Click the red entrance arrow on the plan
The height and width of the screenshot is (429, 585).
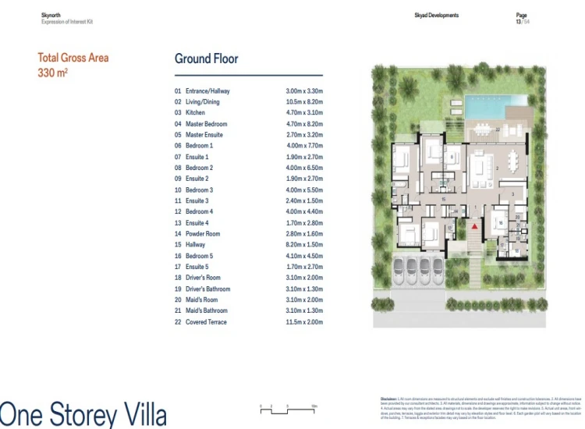click(473, 225)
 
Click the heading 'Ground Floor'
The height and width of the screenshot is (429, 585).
click(206, 59)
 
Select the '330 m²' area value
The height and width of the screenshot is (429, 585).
click(53, 73)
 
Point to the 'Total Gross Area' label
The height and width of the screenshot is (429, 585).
click(73, 58)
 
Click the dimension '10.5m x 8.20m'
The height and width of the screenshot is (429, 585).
click(304, 102)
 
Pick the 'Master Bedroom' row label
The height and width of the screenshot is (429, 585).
click(206, 124)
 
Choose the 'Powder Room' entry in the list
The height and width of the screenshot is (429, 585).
click(203, 234)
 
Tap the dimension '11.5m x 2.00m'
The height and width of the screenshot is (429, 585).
click(304, 322)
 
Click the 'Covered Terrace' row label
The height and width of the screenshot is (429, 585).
click(206, 322)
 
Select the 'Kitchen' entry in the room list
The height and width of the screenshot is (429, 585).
click(195, 113)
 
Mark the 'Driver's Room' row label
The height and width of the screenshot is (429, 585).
click(203, 278)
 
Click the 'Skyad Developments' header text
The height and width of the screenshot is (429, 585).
click(436, 16)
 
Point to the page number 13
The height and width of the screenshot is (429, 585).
click(519, 21)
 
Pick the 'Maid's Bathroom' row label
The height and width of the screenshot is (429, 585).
click(207, 311)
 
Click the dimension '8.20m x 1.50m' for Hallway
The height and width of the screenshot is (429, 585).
click(304, 245)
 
